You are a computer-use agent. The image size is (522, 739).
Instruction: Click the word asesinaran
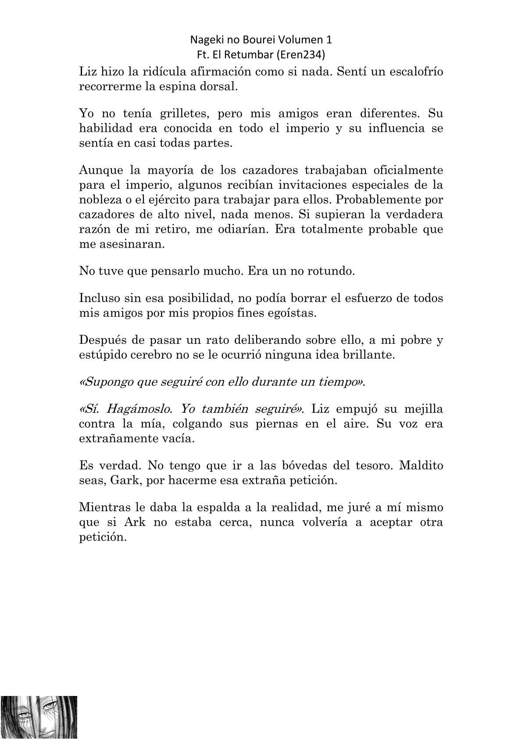click(x=128, y=244)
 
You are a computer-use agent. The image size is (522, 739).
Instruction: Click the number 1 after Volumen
click(x=329, y=40)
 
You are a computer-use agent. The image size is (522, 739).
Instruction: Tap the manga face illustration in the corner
click(x=39, y=717)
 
